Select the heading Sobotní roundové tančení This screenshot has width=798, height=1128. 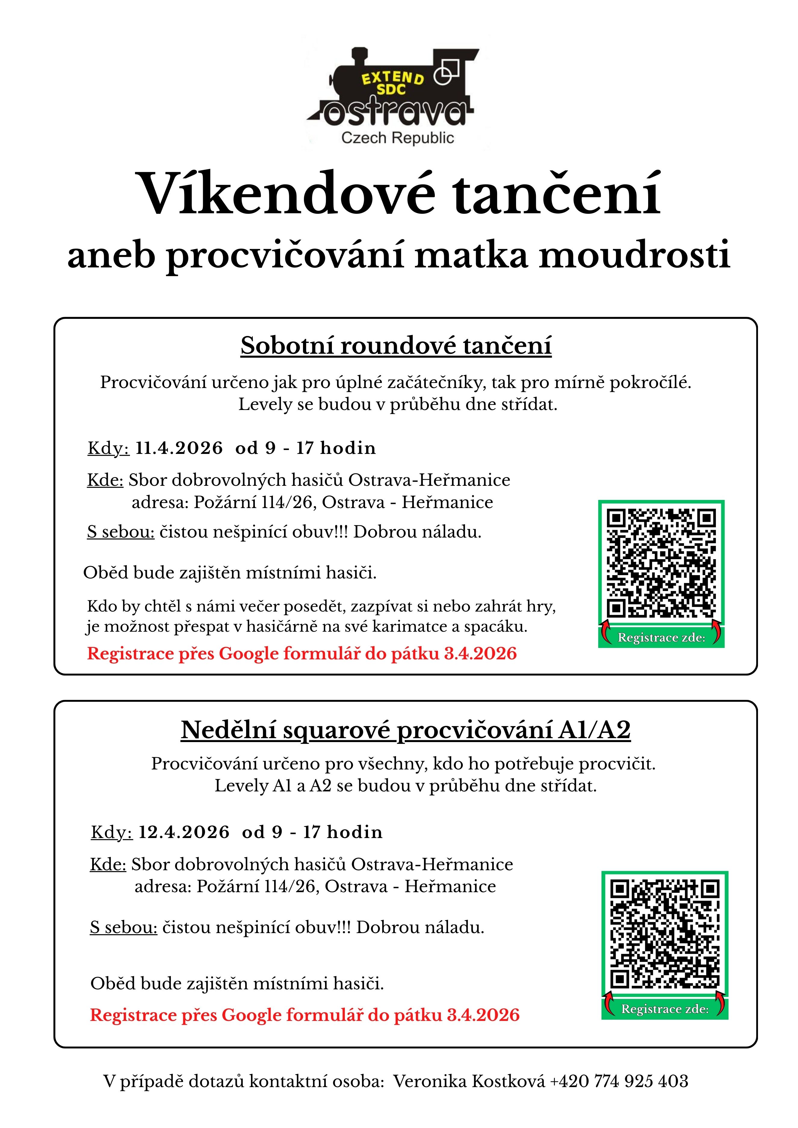(x=396, y=345)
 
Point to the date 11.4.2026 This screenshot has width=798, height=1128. (x=179, y=448)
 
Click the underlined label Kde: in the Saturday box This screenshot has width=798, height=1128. (x=105, y=480)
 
